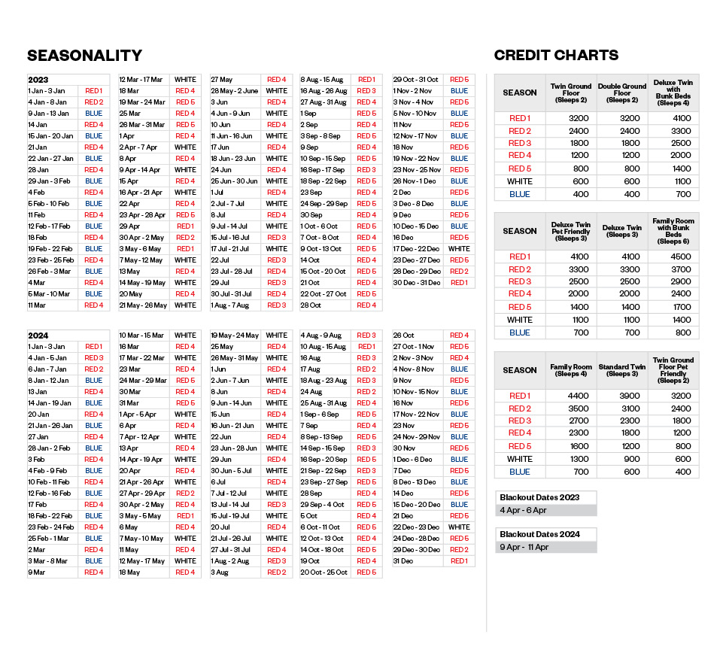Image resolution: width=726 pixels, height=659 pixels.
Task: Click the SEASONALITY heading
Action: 84,56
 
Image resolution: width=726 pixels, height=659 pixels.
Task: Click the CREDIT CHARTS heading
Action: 556,55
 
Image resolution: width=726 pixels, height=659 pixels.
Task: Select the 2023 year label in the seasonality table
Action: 38,80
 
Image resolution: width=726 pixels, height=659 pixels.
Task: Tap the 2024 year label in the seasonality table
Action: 38,336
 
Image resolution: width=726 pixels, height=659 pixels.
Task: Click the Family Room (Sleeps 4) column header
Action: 569,370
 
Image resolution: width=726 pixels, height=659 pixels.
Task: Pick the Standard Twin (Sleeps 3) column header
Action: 621,370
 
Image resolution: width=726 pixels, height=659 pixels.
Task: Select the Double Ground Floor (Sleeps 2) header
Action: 621,93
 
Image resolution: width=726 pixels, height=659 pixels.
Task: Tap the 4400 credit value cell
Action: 569,396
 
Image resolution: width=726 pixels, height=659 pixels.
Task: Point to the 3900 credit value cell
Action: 621,396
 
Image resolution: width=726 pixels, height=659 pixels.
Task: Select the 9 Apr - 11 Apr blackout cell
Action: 524,547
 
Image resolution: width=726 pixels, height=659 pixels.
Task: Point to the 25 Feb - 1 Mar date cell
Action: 50,539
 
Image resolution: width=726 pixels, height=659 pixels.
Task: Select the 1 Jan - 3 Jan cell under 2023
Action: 47,91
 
